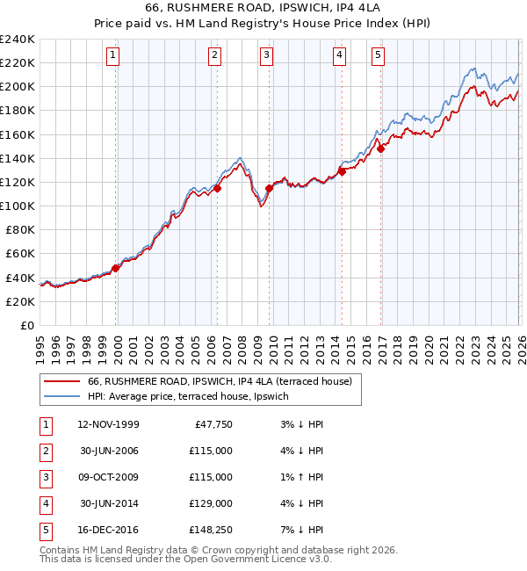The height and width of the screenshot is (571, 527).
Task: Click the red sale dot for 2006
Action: pos(217,188)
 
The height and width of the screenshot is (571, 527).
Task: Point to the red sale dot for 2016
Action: pos(380,148)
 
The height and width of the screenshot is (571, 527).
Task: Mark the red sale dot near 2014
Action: pos(342,171)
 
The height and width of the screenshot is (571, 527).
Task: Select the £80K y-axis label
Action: pos(19,229)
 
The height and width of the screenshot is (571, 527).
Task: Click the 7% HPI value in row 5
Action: pos(304,530)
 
